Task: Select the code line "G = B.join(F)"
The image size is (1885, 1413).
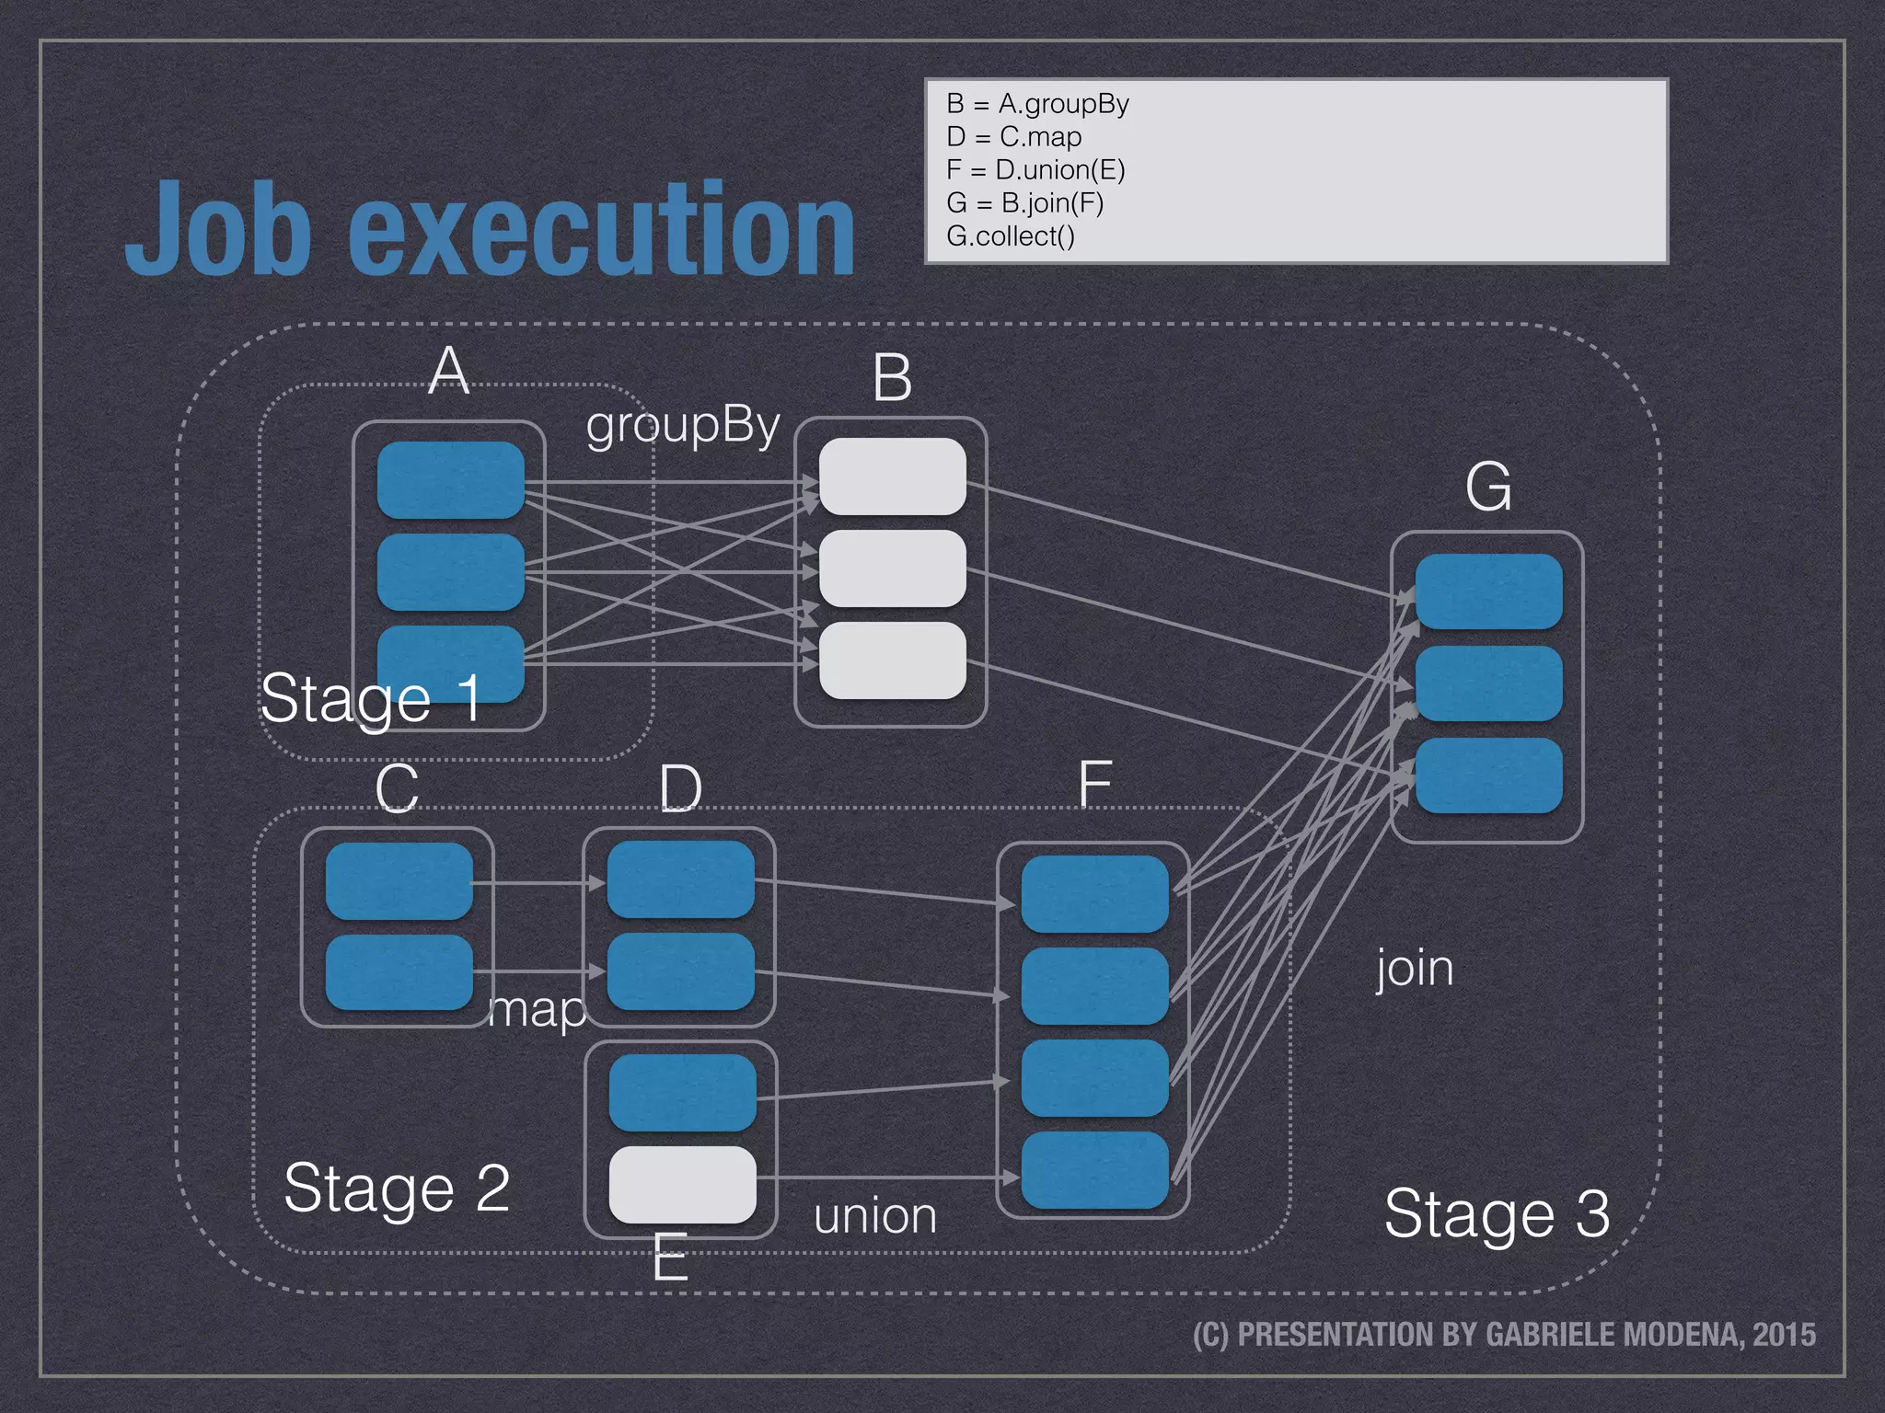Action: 1024,202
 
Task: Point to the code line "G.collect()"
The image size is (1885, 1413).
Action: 1010,236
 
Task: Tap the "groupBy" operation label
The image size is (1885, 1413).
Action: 683,426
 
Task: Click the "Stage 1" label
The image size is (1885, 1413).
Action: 371,698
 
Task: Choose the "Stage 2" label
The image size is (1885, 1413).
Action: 397,1188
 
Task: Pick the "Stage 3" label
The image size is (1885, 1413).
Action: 1497,1213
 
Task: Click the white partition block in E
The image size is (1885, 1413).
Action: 682,1184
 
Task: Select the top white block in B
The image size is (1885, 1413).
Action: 892,477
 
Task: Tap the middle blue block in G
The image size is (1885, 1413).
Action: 1488,684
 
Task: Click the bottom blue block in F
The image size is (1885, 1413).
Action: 1094,1170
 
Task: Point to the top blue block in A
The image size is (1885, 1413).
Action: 450,479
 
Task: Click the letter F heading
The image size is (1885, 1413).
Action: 1094,785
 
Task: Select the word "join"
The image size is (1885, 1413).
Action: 1415,969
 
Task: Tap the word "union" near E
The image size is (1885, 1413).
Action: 875,1216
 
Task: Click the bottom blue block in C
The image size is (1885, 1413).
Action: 399,972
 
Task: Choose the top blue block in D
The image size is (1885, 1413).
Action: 680,879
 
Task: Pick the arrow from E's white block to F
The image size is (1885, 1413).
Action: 884,1177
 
